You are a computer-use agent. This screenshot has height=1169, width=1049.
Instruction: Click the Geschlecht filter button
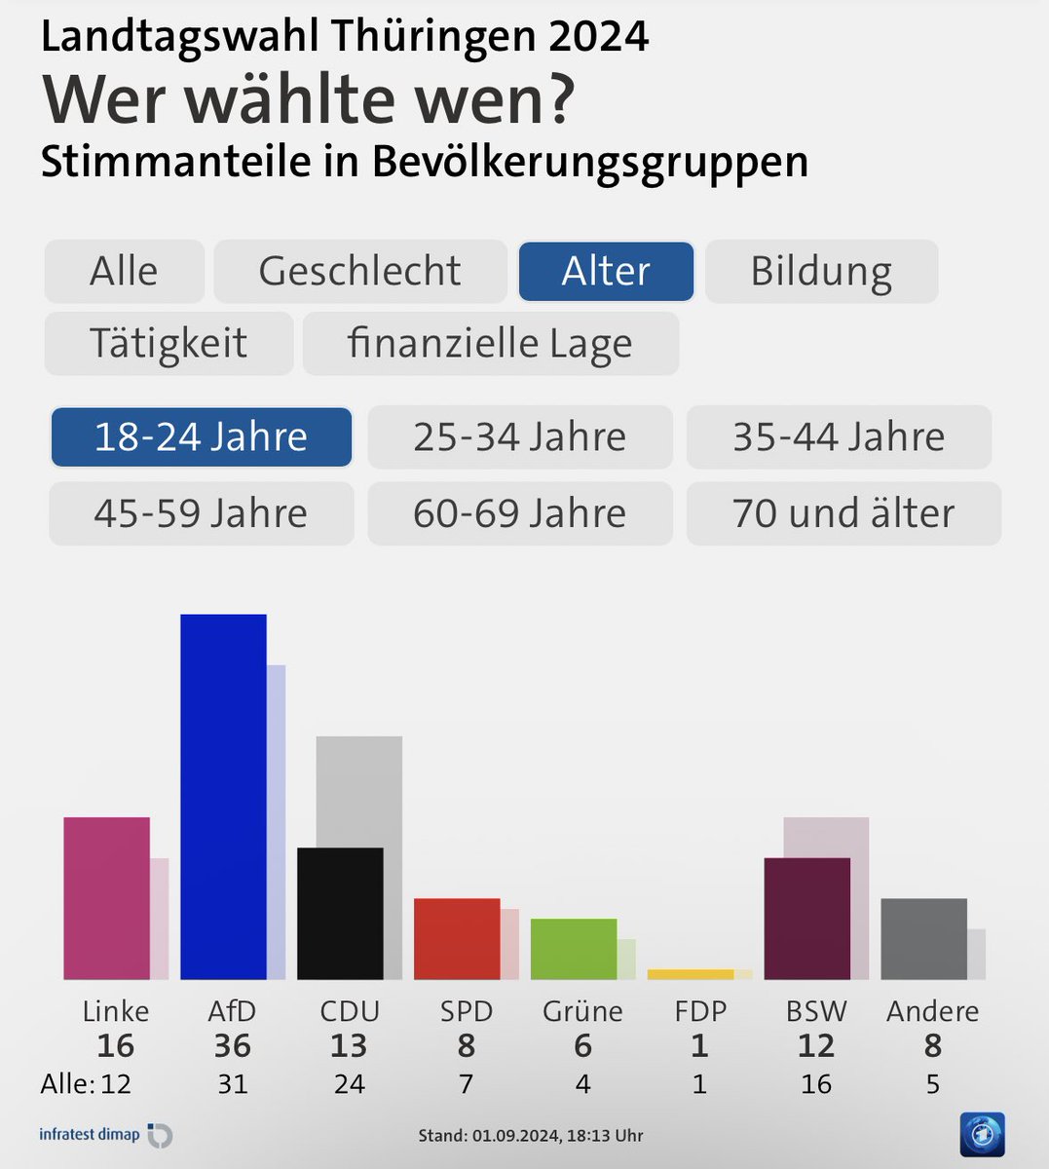click(359, 271)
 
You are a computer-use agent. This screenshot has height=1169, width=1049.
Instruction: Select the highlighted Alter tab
click(606, 271)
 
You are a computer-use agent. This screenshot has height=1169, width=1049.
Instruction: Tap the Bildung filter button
click(821, 271)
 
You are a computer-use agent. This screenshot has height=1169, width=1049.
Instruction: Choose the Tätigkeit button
click(169, 343)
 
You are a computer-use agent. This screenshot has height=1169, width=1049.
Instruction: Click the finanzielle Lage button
click(490, 343)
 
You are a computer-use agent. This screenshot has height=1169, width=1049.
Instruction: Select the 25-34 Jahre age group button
click(519, 436)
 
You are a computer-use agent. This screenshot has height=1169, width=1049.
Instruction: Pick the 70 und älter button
click(843, 512)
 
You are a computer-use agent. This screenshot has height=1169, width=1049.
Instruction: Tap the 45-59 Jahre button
click(201, 512)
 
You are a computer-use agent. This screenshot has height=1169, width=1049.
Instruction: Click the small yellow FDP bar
click(690, 974)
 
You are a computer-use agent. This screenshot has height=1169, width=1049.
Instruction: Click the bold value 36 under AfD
click(232, 1046)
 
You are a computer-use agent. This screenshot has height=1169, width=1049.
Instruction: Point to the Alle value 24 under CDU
click(349, 1083)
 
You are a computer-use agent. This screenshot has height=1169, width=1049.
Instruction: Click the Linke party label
click(116, 1011)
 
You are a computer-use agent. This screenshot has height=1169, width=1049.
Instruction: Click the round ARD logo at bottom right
click(981, 1135)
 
